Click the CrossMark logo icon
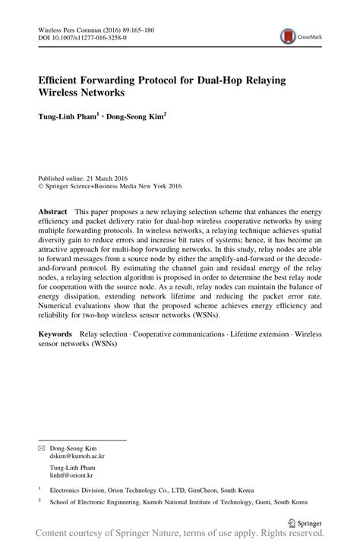coord(288,35)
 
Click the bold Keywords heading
coord(58,335)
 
